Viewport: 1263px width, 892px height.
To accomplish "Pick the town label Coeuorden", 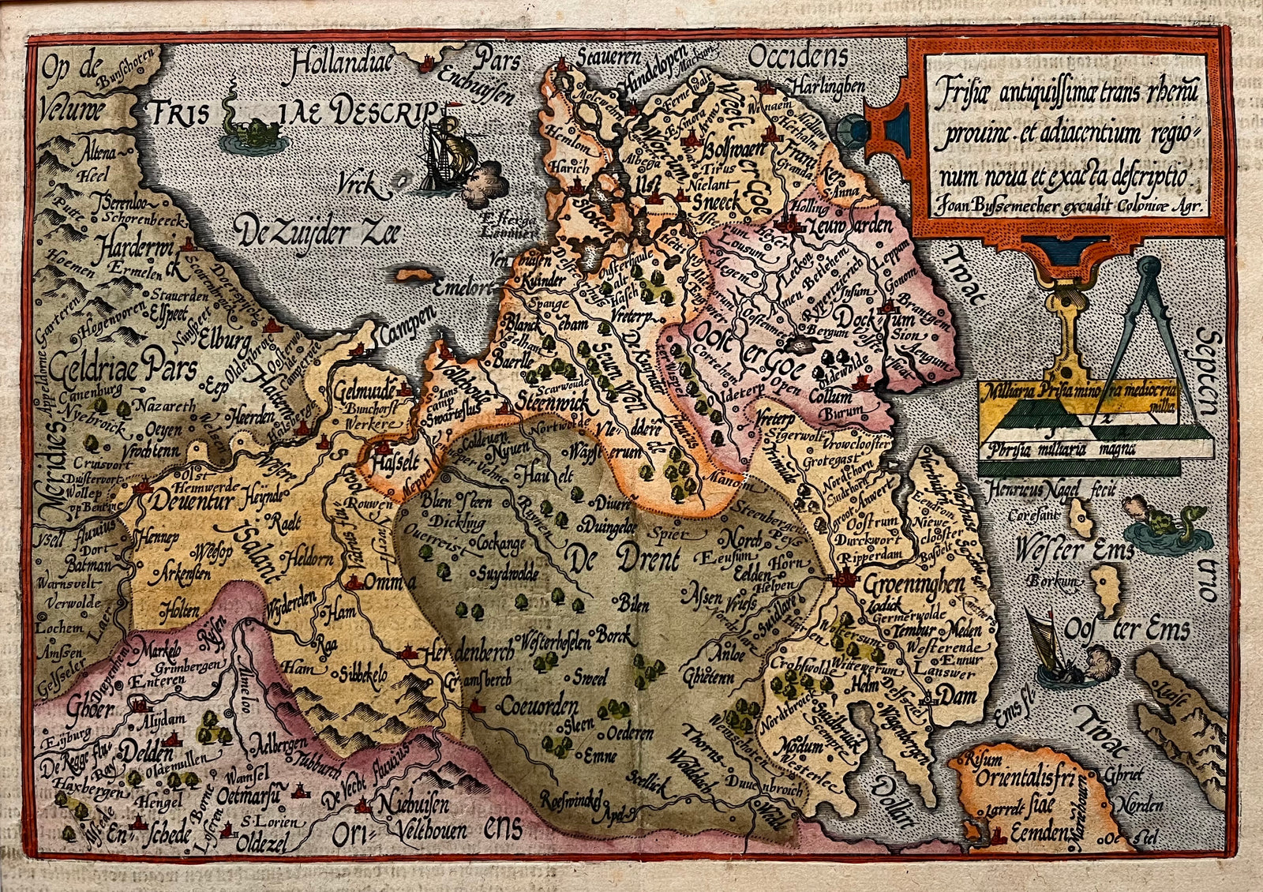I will pyautogui.click(x=538, y=706).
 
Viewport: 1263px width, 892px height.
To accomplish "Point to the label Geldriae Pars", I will pyautogui.click(x=122, y=369).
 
